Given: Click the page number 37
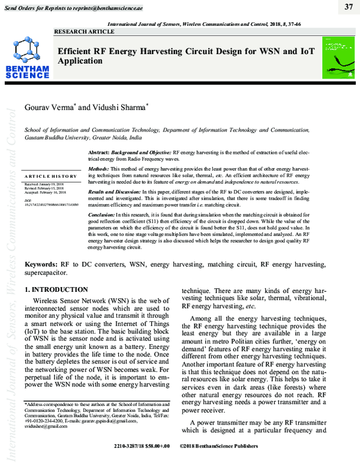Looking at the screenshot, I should (349, 7).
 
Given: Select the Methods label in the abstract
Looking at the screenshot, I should (98, 169).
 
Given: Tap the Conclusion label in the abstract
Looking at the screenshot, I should (102, 214).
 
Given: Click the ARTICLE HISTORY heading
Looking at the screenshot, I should (51, 177).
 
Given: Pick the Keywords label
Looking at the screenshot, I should (41, 264).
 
